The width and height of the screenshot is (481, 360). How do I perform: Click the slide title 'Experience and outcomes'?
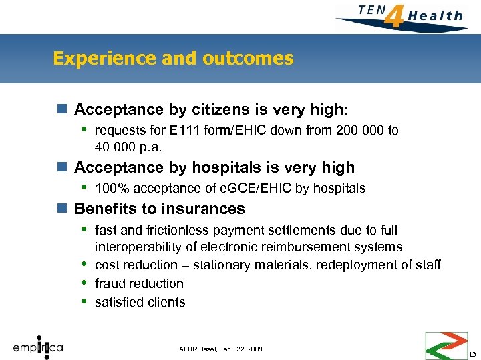click(173, 59)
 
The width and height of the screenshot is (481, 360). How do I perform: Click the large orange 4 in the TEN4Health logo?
click(395, 16)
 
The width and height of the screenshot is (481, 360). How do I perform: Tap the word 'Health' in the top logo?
click(435, 15)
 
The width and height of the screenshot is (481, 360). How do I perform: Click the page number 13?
click(472, 353)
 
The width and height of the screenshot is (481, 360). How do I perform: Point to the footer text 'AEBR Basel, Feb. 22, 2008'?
click(220, 349)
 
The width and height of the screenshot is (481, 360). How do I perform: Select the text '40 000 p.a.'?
click(128, 146)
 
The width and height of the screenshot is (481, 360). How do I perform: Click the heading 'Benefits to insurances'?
click(160, 209)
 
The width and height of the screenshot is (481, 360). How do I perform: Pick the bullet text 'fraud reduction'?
click(139, 283)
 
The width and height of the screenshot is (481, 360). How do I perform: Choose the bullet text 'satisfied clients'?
click(140, 302)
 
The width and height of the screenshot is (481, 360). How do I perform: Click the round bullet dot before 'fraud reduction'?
click(83, 283)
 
